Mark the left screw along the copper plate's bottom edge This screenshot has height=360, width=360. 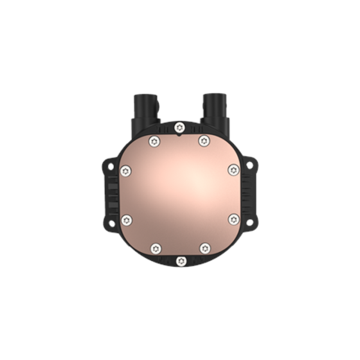click(x=155, y=247)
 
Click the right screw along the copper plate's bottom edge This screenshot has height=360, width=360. click(x=204, y=247)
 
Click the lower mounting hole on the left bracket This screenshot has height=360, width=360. click(x=111, y=224)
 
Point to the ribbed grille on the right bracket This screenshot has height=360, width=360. click(x=248, y=194)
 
